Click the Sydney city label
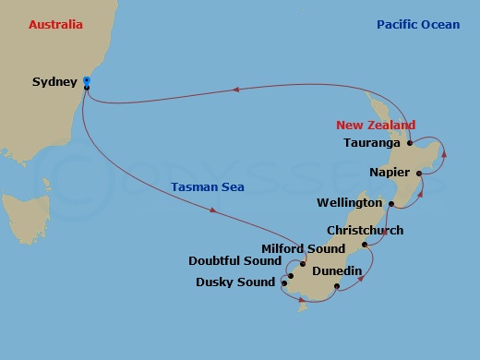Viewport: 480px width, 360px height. click(x=54, y=82)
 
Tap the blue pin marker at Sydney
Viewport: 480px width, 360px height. click(x=86, y=81)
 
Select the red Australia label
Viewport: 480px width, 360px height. click(x=55, y=24)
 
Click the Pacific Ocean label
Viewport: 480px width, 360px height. click(x=418, y=24)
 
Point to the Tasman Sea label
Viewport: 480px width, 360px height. click(x=206, y=188)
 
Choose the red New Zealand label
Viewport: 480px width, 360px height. click(x=376, y=126)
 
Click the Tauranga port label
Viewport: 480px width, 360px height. click(x=371, y=143)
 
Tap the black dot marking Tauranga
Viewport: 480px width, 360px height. click(x=409, y=144)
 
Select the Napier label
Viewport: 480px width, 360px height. click(x=389, y=173)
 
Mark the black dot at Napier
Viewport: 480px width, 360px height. click(x=419, y=173)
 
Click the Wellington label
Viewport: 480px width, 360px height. click(x=349, y=202)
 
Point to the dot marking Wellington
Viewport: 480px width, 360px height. click(x=390, y=203)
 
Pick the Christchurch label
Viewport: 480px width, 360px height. click(x=366, y=230)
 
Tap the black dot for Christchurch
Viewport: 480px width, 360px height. click(x=366, y=245)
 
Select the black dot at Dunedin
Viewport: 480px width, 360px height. click(x=336, y=286)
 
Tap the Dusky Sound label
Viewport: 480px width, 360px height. click(x=235, y=282)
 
